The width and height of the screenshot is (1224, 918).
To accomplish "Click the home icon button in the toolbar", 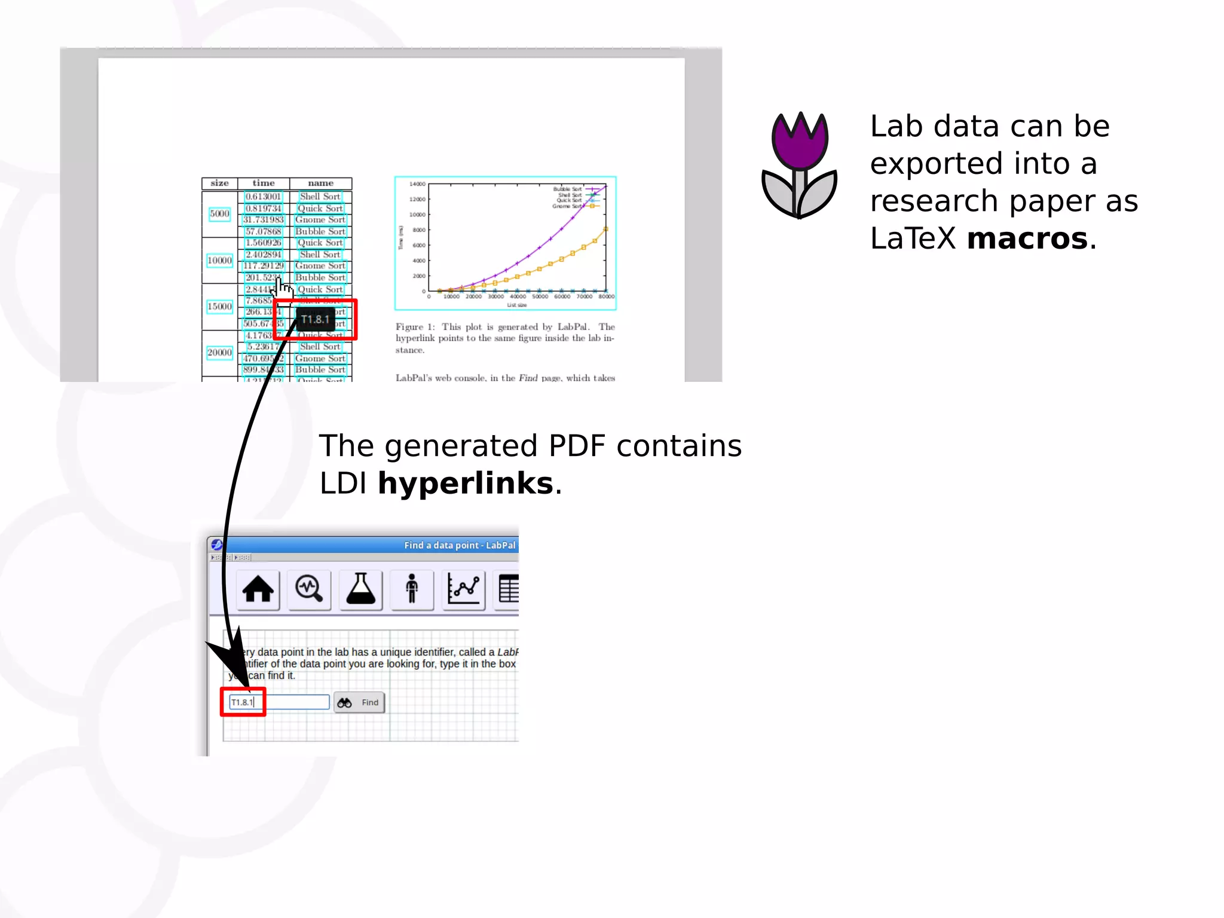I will (x=258, y=589).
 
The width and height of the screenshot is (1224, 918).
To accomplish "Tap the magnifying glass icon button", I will (x=309, y=589).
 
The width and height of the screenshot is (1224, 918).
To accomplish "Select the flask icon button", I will (x=360, y=589).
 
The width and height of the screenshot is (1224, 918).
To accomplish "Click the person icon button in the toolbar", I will (x=412, y=589).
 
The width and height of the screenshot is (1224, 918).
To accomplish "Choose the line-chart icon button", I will (x=463, y=589).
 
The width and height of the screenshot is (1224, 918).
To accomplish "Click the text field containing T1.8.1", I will (x=279, y=702).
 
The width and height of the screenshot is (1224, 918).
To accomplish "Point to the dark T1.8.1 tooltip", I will (x=315, y=320).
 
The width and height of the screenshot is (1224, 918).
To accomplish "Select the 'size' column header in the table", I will (x=219, y=183).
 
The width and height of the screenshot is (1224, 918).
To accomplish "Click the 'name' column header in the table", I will (x=320, y=183).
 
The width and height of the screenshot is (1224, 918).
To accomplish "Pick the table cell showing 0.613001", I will (x=263, y=197).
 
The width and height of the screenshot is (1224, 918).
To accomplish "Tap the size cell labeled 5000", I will (x=219, y=214).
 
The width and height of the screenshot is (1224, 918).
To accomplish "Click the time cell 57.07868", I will (x=263, y=231).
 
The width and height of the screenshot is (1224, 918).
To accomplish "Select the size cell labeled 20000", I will (x=219, y=353).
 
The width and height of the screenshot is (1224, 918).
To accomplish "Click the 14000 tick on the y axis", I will (x=417, y=184).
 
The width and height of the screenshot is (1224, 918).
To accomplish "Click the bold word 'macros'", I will (x=1027, y=238).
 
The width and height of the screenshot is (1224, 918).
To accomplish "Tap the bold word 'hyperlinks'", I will (x=466, y=483).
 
